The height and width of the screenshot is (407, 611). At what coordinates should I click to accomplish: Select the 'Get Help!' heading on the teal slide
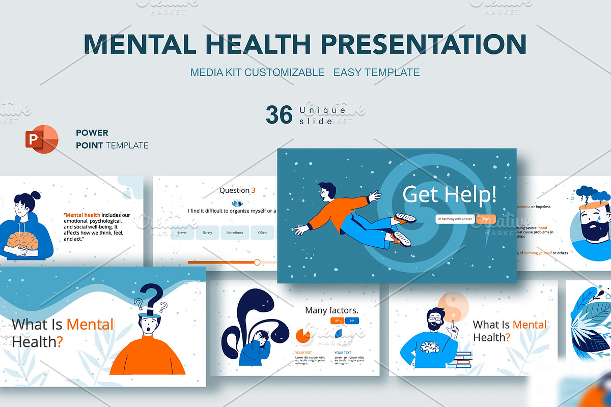click(449, 194)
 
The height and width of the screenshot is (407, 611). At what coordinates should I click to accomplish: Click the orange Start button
click(486, 219)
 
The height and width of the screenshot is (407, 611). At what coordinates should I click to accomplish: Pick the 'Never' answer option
click(182, 232)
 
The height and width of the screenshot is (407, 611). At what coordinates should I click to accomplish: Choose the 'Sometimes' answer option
click(235, 232)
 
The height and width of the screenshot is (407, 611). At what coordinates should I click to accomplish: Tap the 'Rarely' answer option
click(207, 232)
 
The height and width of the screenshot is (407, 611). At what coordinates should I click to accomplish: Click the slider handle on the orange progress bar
click(257, 262)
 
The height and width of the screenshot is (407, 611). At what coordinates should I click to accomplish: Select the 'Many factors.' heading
click(331, 310)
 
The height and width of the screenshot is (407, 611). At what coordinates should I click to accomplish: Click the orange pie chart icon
click(303, 335)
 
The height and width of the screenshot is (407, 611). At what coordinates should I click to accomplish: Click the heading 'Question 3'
click(237, 190)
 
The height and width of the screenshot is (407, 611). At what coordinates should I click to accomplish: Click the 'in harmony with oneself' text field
click(455, 219)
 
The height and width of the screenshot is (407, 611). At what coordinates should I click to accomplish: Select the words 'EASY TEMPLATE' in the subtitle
click(376, 72)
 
